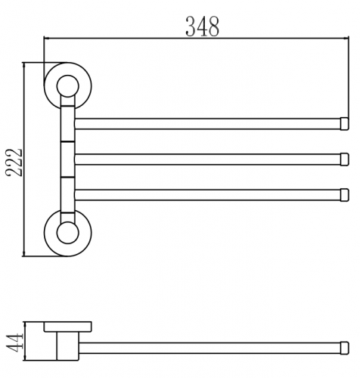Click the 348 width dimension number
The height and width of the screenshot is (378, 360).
tap(203, 26)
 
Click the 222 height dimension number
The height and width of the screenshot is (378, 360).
tap(14, 163)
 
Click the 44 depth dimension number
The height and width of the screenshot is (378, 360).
tap(14, 342)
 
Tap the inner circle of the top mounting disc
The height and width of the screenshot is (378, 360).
tap(68, 86)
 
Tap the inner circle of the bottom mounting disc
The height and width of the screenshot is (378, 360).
tap(68, 233)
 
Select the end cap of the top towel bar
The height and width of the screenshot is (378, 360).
tap(345, 124)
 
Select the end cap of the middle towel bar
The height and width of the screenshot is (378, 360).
tap(345, 160)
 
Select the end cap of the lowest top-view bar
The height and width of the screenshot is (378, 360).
tap(345, 195)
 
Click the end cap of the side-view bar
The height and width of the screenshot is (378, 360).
tap(345, 348)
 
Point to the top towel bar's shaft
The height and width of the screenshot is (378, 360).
tap(207, 124)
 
